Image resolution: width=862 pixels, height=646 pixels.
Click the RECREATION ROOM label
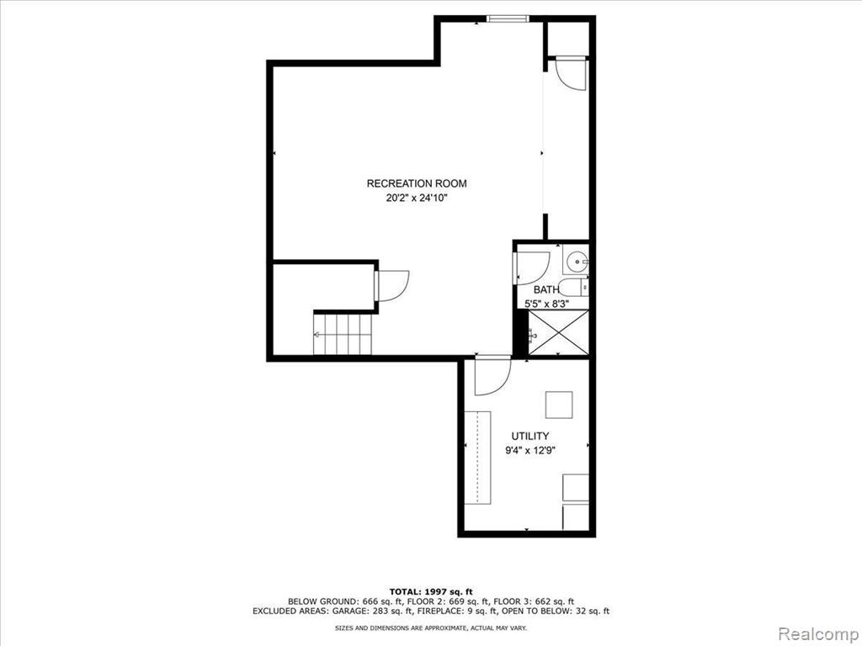pos(417,183)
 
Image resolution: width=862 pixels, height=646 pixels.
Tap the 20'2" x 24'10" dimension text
pos(417,199)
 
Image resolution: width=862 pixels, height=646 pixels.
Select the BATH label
pos(546,289)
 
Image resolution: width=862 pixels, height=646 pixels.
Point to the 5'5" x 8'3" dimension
pos(546,303)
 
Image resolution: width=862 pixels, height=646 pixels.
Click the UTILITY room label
pos(530,437)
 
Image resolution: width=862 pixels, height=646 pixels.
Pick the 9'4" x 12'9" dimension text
pos(530,451)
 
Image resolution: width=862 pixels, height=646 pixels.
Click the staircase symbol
pos(343,333)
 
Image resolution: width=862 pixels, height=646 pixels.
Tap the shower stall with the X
pos(558,332)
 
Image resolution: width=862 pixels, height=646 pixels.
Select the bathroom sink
pos(576,261)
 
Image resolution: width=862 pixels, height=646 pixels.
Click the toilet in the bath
pos(576,287)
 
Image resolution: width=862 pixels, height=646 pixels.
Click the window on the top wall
pos(508,19)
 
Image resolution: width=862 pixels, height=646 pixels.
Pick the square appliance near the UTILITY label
pos(559,405)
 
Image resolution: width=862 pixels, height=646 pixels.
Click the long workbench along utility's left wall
pos(477,457)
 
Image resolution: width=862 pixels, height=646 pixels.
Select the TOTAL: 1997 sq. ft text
pos(431,591)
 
